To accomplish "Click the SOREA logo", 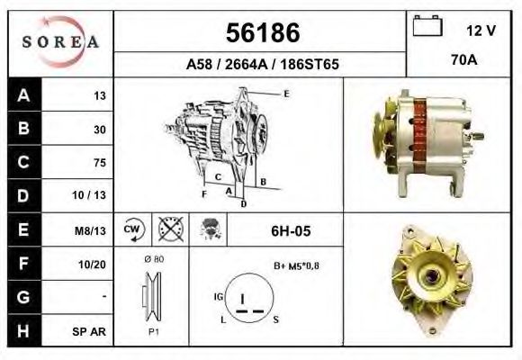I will (61, 41).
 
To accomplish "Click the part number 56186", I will (262, 33).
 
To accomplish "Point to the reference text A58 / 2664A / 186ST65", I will (262, 65).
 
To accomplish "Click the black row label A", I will (22, 95).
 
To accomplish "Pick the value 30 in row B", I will (99, 130).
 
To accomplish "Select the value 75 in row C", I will (99, 163).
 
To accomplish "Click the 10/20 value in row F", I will (93, 264).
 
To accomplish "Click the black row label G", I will (22, 297).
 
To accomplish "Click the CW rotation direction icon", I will (132, 230).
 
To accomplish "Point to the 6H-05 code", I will (290, 231).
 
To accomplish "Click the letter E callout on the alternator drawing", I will (285, 94).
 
